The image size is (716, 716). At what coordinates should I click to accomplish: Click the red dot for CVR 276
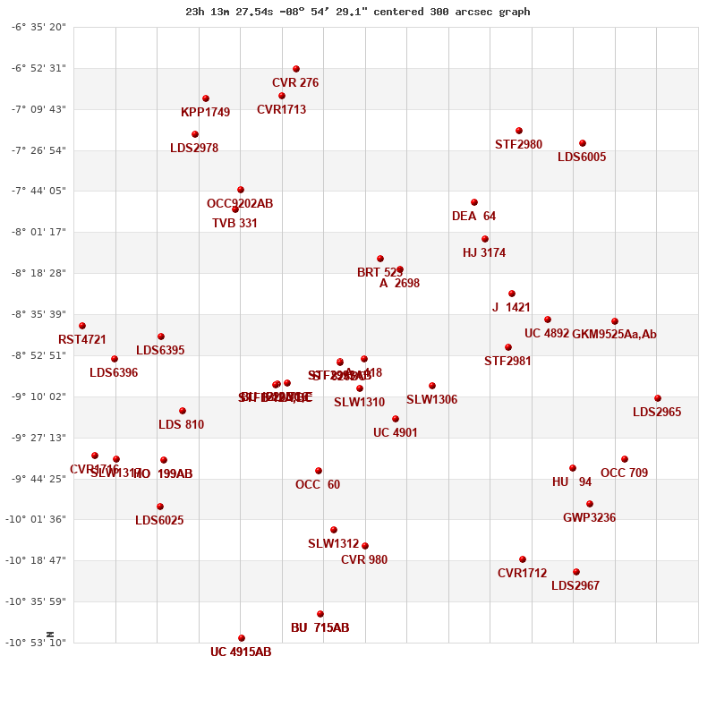[x=296, y=69]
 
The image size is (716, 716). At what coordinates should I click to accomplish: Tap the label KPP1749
[x=205, y=113]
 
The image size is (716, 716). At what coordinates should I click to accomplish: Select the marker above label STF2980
[x=519, y=131]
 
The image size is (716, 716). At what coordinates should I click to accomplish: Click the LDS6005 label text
[x=582, y=158]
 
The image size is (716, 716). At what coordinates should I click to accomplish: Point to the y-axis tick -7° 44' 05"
[x=38, y=191]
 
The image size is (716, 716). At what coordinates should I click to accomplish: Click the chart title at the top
[x=357, y=12]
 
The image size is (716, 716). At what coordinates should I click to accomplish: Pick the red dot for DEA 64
[x=474, y=202]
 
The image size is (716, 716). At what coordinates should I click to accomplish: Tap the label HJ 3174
[x=484, y=253]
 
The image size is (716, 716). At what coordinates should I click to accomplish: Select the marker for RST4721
[x=82, y=326]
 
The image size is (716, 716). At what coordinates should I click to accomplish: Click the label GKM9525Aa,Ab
[x=614, y=335]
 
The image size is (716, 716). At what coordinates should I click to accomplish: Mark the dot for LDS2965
[x=658, y=398]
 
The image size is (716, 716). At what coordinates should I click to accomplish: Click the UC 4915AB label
[x=241, y=652]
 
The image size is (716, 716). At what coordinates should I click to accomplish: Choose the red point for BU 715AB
[x=320, y=614]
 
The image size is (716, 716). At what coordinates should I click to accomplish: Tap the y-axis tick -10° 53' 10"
[x=38, y=643]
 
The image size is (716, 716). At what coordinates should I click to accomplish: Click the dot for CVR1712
[x=523, y=559]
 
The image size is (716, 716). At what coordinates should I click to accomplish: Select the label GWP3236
[x=589, y=518]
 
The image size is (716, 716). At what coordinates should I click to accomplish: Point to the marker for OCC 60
[x=319, y=471]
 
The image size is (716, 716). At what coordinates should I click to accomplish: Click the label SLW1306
[x=431, y=400]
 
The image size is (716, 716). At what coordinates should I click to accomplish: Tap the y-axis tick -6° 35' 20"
[x=38, y=27]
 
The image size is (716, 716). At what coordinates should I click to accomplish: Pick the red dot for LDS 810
[x=183, y=411]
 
